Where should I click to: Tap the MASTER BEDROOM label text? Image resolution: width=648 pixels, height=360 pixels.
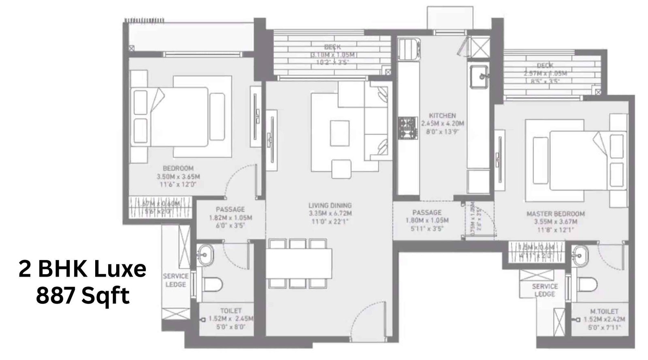click(555, 213)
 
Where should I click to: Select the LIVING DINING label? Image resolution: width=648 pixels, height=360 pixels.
click(330, 205)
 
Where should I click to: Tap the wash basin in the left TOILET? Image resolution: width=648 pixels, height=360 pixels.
click(204, 255)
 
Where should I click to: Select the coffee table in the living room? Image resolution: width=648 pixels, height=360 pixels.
click(339, 133)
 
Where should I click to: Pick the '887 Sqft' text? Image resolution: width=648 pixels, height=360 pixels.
click(83, 296)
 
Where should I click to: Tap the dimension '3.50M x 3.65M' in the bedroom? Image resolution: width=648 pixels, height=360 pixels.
click(178, 177)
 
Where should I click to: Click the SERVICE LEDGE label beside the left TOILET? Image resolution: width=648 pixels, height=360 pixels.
click(176, 280)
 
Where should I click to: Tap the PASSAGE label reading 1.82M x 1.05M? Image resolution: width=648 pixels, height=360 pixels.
click(230, 209)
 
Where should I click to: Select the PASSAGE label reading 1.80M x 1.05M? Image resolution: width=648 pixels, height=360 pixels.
click(427, 212)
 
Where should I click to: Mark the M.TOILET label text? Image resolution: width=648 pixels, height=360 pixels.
click(604, 311)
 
